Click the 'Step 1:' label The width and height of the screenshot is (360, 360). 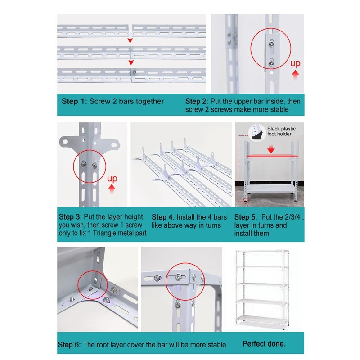74,101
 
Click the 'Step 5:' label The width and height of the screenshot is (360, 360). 247,216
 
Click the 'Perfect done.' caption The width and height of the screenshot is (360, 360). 264,344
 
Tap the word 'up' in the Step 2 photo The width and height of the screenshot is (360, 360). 295,63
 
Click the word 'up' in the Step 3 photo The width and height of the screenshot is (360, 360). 112,179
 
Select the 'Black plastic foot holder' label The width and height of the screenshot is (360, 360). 282,131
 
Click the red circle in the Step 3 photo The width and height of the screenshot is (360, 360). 88,166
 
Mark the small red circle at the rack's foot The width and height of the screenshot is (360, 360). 245,201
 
